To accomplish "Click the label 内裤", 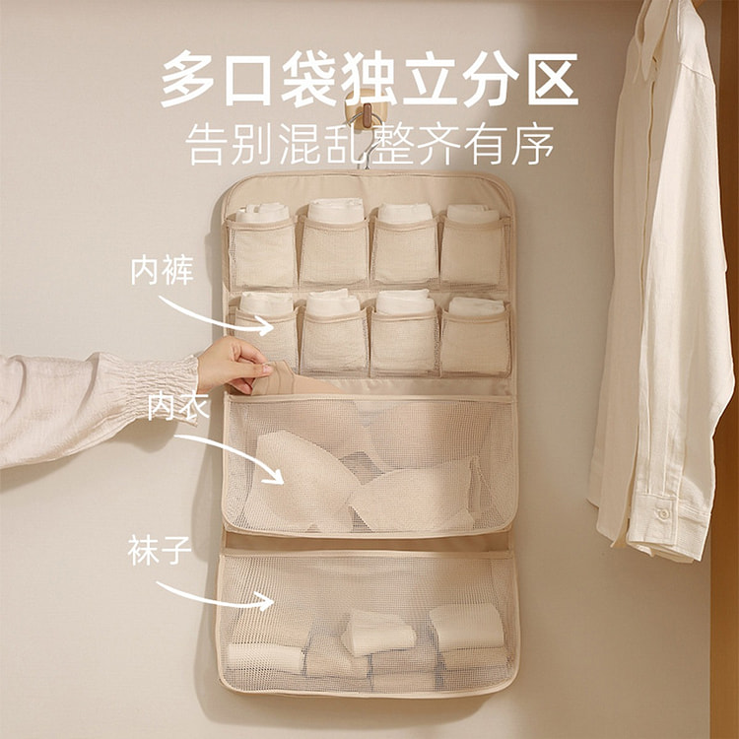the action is [163, 271].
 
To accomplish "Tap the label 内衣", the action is [178, 406].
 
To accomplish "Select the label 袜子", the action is [160, 550].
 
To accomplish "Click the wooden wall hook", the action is [367, 113].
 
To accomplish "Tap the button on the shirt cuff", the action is [664, 513].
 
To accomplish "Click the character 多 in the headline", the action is [188, 78].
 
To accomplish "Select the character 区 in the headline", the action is [553, 79].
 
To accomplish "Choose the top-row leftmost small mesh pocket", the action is [261, 252].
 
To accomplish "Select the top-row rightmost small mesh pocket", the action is [474, 250].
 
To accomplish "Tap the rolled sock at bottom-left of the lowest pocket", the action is [265, 656].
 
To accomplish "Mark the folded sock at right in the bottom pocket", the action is [467, 626].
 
